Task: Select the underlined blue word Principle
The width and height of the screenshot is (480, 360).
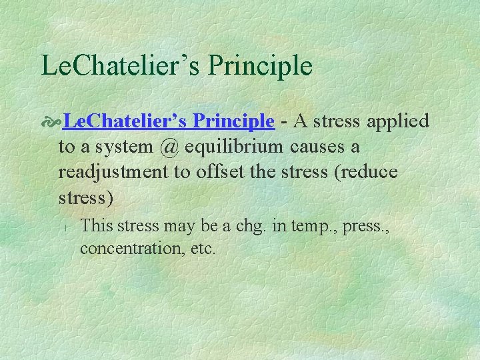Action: click(233, 121)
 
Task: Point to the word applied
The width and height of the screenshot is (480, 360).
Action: click(397, 121)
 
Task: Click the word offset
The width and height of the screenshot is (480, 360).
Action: click(221, 171)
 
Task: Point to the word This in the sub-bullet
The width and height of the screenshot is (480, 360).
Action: click(97, 225)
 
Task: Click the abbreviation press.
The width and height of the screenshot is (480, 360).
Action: click(364, 226)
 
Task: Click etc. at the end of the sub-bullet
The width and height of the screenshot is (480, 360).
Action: click(202, 249)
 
